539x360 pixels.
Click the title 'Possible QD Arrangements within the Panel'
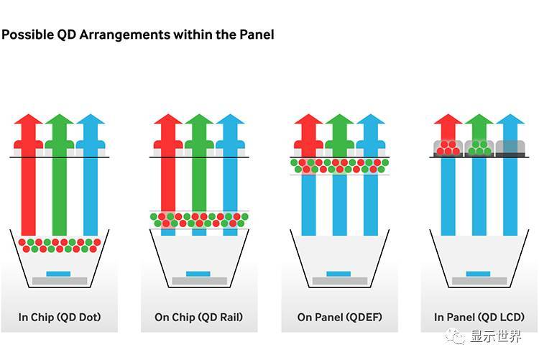click(x=138, y=34)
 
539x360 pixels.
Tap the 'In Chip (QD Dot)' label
click(x=60, y=317)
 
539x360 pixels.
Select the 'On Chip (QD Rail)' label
click(x=198, y=317)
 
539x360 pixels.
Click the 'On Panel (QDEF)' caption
click(x=340, y=317)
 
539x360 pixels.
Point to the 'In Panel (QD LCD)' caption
click(x=479, y=317)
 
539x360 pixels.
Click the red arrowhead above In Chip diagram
click(x=28, y=119)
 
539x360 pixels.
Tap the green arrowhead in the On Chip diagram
click(x=199, y=119)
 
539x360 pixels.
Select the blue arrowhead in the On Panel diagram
click(x=371, y=119)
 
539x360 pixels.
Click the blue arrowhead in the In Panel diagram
click(x=510, y=119)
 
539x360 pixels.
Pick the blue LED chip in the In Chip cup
click(x=58, y=274)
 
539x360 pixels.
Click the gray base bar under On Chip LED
click(x=199, y=281)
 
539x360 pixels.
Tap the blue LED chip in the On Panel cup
click(x=338, y=274)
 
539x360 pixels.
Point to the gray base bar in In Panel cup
click(x=479, y=281)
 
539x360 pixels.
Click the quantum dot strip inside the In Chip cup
click(x=60, y=246)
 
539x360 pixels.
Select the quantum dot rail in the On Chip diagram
click(x=199, y=220)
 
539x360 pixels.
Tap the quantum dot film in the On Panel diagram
click(x=340, y=166)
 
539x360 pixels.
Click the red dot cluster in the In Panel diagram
click(x=448, y=148)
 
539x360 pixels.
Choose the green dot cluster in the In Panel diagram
click(x=479, y=148)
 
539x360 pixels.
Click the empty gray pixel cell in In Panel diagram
click(x=510, y=148)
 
